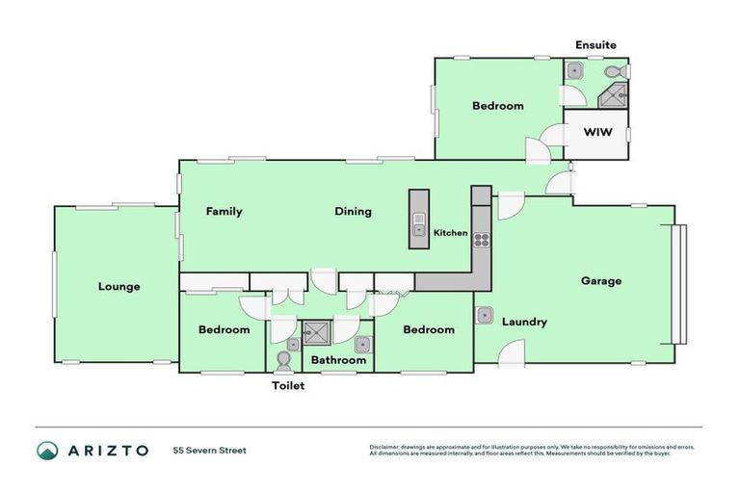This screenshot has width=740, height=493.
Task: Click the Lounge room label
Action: [119, 286]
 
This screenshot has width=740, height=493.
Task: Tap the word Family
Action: [224, 212]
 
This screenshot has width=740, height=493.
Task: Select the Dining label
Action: [353, 212]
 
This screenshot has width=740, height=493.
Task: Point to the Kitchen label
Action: [450, 233]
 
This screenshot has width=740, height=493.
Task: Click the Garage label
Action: [600, 281]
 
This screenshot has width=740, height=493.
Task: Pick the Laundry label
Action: [524, 322]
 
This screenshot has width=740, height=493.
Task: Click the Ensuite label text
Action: [595, 45]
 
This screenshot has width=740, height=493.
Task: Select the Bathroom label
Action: [337, 360]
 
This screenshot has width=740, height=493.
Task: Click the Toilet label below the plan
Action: [286, 385]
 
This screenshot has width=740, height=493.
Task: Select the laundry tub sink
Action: [486, 316]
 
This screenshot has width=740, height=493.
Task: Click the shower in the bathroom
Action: [315, 333]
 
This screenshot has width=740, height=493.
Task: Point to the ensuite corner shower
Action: [614, 95]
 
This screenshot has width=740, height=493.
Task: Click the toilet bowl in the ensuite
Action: [613, 70]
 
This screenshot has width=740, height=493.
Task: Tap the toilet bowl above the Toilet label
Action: [284, 360]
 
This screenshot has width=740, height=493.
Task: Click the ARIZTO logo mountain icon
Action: [47, 450]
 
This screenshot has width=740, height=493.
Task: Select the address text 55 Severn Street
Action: [210, 450]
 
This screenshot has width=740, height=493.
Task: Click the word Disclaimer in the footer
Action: [385, 447]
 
